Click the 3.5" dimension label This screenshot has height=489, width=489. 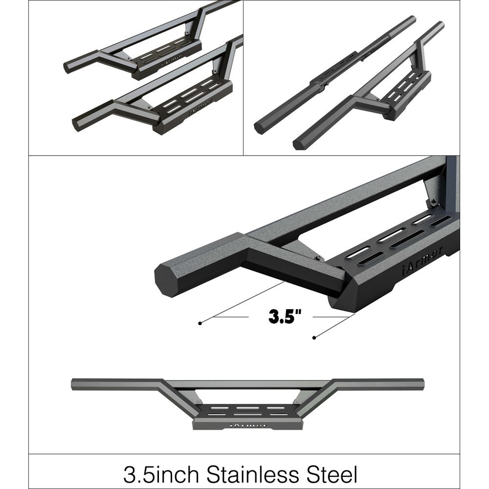click(284, 316)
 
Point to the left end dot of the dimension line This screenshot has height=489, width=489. click(200, 323)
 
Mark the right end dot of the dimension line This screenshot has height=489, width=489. click(313, 337)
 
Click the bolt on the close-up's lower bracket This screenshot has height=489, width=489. click(318, 258)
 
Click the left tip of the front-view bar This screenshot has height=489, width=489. click(73, 384)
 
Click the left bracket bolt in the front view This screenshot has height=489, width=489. click(200, 402)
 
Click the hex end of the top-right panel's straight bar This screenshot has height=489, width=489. click(258, 128)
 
